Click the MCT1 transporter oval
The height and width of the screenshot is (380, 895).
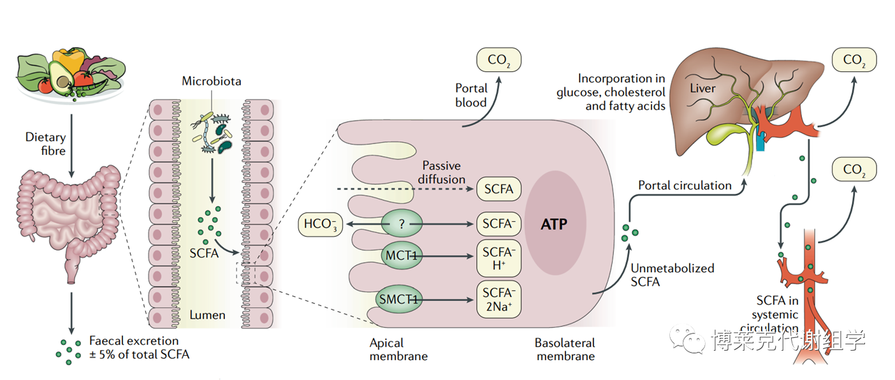pyautogui.click(x=400, y=256)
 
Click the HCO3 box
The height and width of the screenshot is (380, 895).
pyautogui.click(x=321, y=224)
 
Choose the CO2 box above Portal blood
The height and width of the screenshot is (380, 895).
pyautogui.click(x=498, y=60)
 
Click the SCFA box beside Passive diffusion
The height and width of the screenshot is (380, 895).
pyautogui.click(x=498, y=189)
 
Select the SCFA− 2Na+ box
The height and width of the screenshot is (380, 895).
pyautogui.click(x=498, y=299)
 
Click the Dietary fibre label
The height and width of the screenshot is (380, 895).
pyautogui.click(x=46, y=143)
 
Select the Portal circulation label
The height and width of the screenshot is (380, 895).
pyautogui.click(x=685, y=186)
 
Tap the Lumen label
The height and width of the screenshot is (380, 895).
pyautogui.click(x=207, y=314)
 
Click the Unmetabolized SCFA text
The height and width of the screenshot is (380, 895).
pyautogui.click(x=672, y=275)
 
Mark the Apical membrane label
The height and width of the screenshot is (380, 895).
pyautogui.click(x=395, y=349)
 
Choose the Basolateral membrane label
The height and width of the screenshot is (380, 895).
pyautogui.click(x=565, y=349)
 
